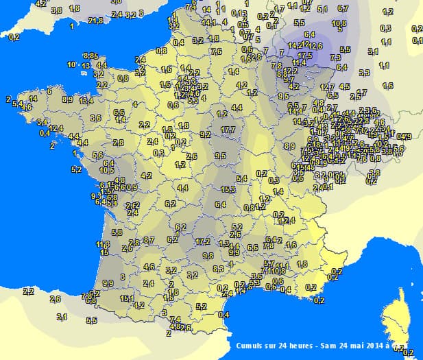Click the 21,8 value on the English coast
[x=96, y=21]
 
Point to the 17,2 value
[x=203, y=241]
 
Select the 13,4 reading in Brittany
[x=86, y=101]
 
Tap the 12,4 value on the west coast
[x=56, y=128]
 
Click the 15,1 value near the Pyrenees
[x=127, y=298]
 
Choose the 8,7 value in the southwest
[x=149, y=241]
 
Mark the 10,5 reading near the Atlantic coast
[x=106, y=169]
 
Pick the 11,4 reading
[x=299, y=63]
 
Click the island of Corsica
[x=398, y=326]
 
